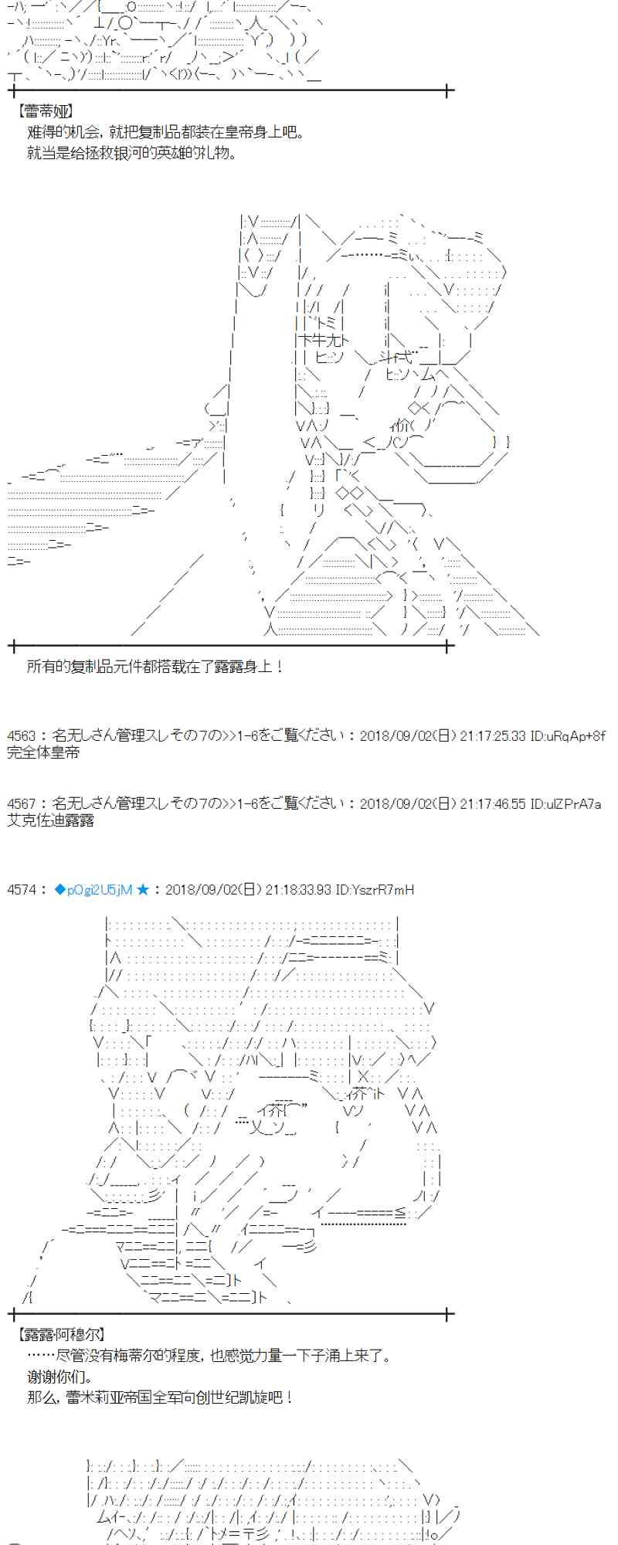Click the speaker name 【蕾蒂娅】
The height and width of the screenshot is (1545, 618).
click(x=45, y=112)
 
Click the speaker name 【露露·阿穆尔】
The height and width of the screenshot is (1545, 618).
click(x=61, y=1334)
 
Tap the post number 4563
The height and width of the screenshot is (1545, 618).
click(x=21, y=735)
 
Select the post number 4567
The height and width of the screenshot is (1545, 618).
click(x=21, y=803)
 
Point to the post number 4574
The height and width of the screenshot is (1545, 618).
click(x=21, y=890)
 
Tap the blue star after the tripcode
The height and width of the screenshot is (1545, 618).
click(x=143, y=890)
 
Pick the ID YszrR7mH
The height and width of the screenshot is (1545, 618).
click(x=386, y=890)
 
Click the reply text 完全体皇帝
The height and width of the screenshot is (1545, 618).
click(x=43, y=752)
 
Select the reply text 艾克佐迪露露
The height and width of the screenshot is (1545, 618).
click(x=51, y=820)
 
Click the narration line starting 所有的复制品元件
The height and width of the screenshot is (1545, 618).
click(x=154, y=666)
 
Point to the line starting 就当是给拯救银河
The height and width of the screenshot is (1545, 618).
click(x=131, y=153)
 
